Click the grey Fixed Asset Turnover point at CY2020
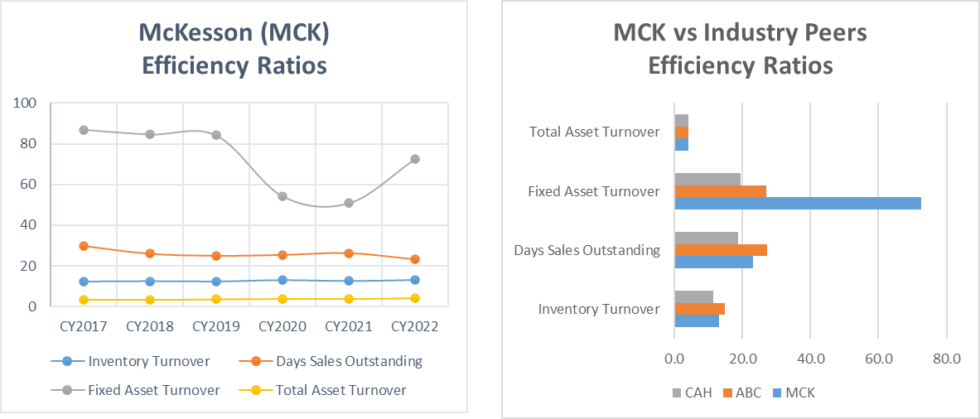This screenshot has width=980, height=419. pos(282,196)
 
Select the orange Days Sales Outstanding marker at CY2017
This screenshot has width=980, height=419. pos(84,246)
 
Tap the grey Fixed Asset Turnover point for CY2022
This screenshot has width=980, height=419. pos(415,159)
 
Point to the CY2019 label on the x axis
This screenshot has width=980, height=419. pos(216,326)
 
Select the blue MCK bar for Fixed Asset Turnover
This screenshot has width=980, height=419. pos(798,203)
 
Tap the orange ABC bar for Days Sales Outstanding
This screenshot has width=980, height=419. pos(721,250)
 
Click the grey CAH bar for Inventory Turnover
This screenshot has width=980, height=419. pos(694,296)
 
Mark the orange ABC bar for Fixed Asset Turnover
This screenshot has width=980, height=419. pos(720,191)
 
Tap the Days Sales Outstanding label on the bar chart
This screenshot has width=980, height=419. pos(587,250)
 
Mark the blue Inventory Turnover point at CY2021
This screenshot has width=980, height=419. pos(349,281)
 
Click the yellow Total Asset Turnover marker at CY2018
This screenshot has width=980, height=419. pos(150,300)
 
